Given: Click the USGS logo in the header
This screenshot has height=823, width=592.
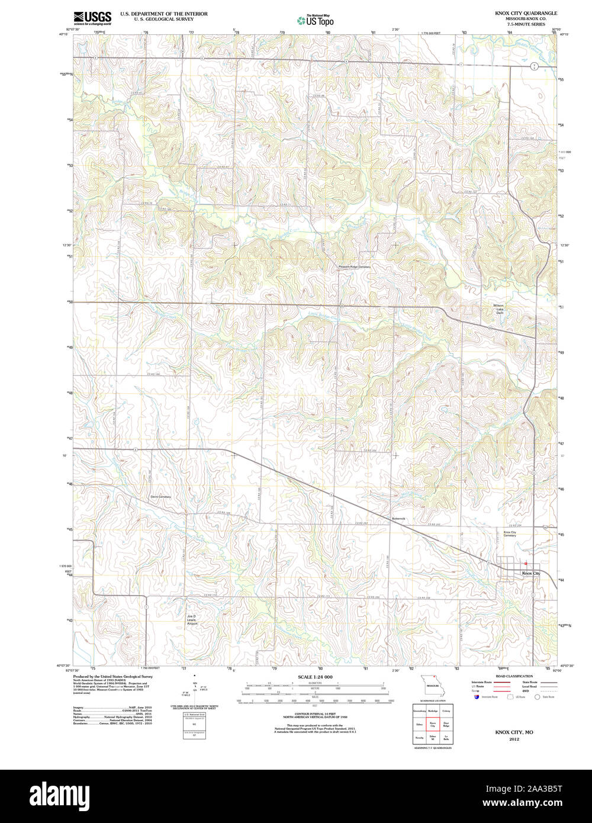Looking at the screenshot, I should (x=92, y=17).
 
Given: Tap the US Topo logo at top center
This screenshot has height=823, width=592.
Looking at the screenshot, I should (x=316, y=20).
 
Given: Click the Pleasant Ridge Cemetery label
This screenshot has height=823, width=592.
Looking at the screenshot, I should (x=355, y=267).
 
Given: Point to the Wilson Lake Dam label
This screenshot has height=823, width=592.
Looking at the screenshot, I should (x=499, y=309).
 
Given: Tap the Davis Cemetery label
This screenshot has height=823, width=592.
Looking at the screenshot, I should (x=160, y=497).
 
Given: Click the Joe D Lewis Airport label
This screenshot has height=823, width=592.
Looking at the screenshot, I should (x=191, y=620).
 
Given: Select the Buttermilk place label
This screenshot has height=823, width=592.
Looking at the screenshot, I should (x=398, y=519).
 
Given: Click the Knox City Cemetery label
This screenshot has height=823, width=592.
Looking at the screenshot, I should (x=510, y=534).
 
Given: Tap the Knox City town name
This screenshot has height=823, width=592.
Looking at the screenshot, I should (x=530, y=573).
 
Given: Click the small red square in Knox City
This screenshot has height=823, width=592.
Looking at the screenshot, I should (x=525, y=564).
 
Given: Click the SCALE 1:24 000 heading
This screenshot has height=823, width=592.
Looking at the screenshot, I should (x=315, y=677).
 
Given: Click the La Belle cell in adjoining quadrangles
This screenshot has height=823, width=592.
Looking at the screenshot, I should (x=446, y=738).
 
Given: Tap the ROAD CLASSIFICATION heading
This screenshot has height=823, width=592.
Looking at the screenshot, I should (x=514, y=676).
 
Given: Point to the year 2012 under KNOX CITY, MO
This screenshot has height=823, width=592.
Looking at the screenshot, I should (x=514, y=740).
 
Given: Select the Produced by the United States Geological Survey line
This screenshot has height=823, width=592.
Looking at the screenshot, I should (x=112, y=676).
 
